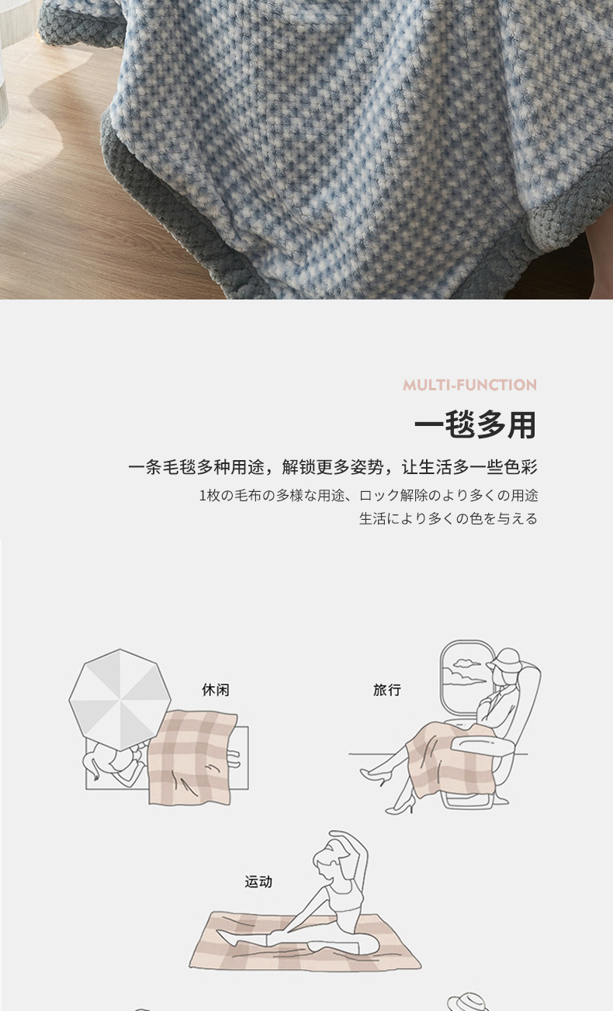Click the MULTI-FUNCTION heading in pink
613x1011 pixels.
point(469,385)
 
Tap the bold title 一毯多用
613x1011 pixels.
point(475,424)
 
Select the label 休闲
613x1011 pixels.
point(215,690)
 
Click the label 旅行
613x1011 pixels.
point(387,690)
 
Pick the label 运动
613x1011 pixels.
point(258,881)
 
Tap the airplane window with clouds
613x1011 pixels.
point(465,677)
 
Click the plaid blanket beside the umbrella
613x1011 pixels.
point(192,758)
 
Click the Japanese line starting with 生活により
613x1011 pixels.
point(448,518)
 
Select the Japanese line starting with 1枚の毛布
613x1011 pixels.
point(369,496)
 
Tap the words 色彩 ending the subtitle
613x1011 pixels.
point(521,467)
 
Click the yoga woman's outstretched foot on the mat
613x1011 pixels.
point(227,937)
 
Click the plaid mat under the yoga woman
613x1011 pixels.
point(305,941)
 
